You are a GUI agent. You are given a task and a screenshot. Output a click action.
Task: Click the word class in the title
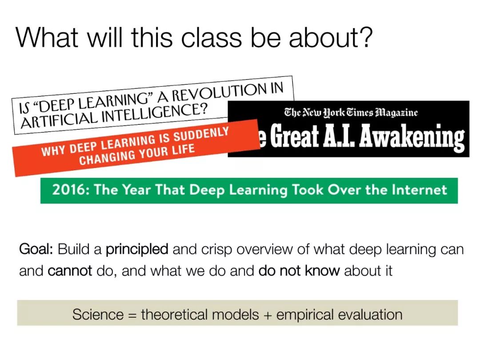point(211,37)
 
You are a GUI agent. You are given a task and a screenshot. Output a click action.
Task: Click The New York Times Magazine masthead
point(351,112)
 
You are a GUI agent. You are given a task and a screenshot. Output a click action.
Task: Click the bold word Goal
point(36,249)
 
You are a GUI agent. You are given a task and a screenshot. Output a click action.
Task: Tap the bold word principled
point(137,249)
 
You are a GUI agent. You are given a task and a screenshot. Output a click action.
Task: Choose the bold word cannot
point(70,271)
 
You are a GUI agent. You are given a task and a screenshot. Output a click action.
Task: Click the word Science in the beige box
point(98,314)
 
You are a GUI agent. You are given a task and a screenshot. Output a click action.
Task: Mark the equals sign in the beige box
point(132,315)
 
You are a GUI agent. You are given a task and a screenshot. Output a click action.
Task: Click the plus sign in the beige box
point(268,315)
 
